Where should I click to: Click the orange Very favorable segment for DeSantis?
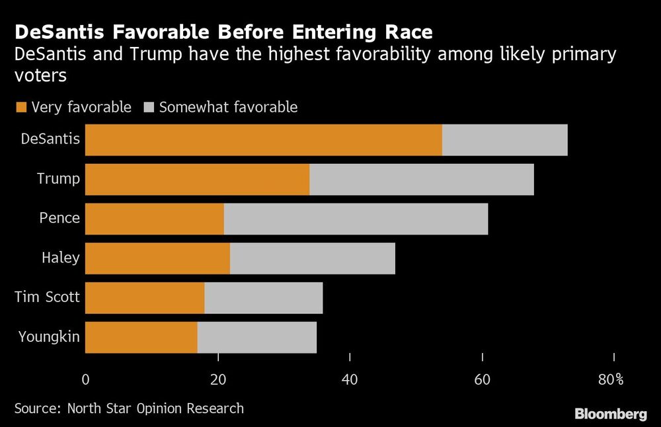click(x=264, y=139)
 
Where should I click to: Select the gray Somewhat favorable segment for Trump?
click(x=422, y=179)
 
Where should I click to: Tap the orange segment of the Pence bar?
click(x=155, y=219)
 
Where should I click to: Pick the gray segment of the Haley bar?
click(x=313, y=258)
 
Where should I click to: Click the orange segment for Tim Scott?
click(x=145, y=298)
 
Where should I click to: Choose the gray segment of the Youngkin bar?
click(x=257, y=338)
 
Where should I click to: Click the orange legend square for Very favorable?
click(x=20, y=107)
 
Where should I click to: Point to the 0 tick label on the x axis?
click(x=85, y=379)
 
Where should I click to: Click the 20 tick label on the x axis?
click(x=218, y=379)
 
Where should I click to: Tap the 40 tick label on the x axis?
click(x=350, y=379)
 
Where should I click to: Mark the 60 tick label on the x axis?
click(x=483, y=379)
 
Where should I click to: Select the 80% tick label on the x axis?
click(x=611, y=379)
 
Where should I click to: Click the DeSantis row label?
click(x=51, y=139)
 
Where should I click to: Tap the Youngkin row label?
click(x=50, y=337)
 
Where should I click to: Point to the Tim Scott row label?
click(x=47, y=297)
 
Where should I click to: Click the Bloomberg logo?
click(x=610, y=414)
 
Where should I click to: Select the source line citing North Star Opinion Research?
click(x=129, y=408)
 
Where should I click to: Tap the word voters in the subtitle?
click(x=40, y=76)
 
